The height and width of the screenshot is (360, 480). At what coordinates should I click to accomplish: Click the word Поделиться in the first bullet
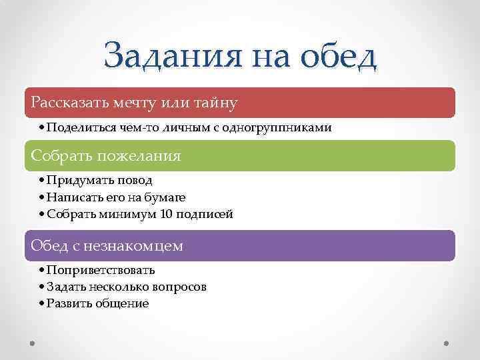click(x=75, y=127)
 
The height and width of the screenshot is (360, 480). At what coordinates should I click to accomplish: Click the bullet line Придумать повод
click(x=99, y=180)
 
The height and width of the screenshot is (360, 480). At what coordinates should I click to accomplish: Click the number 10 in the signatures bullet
click(x=167, y=214)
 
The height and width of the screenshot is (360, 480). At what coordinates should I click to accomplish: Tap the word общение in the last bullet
click(x=125, y=303)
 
